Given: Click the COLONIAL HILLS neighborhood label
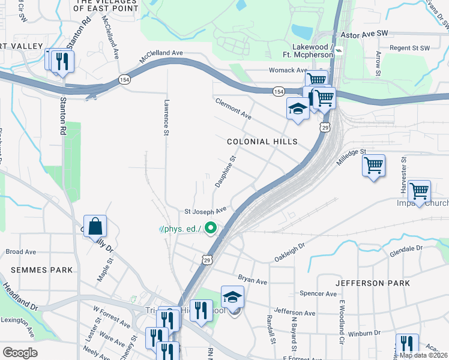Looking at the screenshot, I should [x=262, y=142].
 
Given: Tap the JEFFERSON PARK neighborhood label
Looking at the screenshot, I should [x=372, y=283].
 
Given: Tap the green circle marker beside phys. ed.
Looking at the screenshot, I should [x=211, y=228].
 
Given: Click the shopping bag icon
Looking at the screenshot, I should [x=95, y=227].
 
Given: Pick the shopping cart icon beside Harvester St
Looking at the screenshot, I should [x=419, y=191].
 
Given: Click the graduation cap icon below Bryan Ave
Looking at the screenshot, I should [x=232, y=297].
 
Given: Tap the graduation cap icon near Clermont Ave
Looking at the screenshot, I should [x=297, y=109].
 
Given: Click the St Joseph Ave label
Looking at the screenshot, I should [x=205, y=211].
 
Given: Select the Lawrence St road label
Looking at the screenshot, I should [x=166, y=118].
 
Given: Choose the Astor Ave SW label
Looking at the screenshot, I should [x=361, y=35].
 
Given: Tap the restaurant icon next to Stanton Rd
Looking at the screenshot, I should [x=62, y=61].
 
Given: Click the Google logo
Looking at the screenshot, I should [x=20, y=352].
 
